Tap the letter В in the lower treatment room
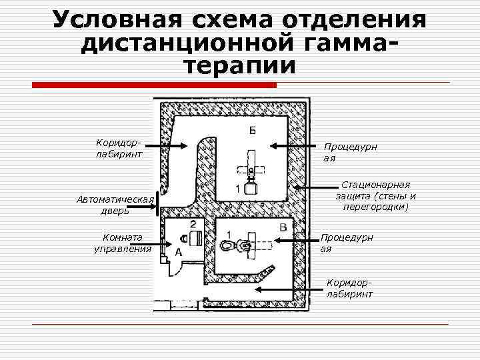tap(283, 228)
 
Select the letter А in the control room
tap(177, 251)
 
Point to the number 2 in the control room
tap(193, 224)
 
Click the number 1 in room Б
tap(238, 190)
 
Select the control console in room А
tap(195, 238)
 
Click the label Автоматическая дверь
tap(115, 205)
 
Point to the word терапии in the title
tap(239, 65)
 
